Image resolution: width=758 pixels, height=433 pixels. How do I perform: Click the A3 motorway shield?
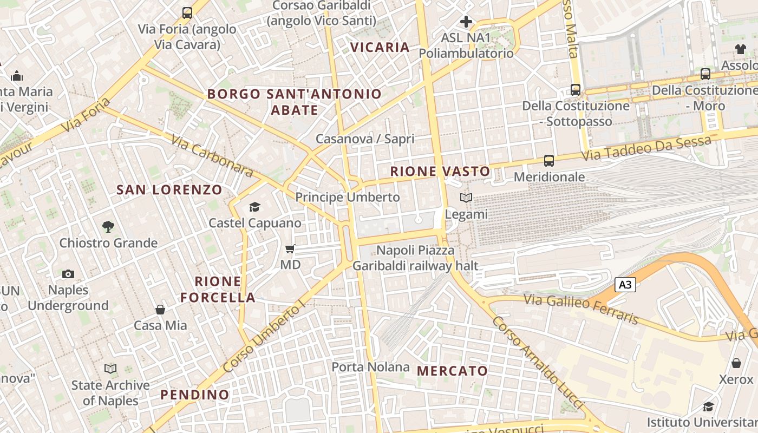(x=625, y=285)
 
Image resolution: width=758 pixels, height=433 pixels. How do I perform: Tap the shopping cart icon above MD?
(x=290, y=249)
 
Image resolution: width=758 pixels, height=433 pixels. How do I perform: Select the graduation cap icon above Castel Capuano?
(x=254, y=207)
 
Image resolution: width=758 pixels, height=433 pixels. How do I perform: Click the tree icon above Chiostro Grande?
(x=108, y=227)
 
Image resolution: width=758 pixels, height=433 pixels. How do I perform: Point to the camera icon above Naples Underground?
(x=68, y=274)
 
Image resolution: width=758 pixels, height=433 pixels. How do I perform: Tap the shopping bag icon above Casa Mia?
(x=160, y=310)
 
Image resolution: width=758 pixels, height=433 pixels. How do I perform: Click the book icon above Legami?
(x=466, y=198)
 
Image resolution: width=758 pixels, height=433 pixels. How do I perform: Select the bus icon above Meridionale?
(x=549, y=161)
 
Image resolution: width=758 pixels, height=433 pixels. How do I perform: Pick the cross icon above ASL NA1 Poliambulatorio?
(x=466, y=22)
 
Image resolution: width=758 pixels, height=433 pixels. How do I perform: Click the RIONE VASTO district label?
(x=440, y=172)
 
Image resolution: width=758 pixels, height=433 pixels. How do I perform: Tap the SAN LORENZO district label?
(x=169, y=190)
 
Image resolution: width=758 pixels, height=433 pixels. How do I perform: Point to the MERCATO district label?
(x=453, y=371)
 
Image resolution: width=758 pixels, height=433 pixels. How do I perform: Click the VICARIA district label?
(x=380, y=48)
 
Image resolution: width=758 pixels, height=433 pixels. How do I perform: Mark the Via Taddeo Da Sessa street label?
(x=646, y=148)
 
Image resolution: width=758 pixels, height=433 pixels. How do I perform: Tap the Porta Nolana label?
(x=370, y=367)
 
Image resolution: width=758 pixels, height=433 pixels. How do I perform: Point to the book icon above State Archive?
(x=110, y=369)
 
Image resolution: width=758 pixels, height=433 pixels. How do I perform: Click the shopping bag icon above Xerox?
(x=736, y=363)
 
